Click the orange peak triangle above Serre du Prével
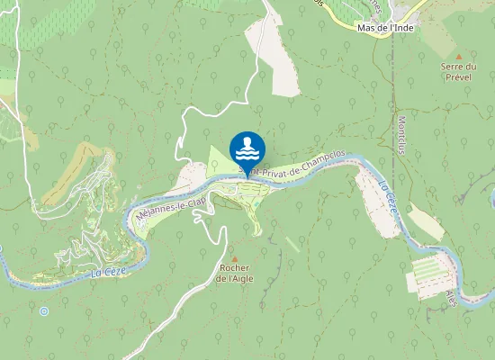(458, 56)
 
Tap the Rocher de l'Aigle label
(234, 274)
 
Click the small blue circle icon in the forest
(44, 310)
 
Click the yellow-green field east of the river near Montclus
(426, 221)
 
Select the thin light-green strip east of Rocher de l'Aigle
(293, 245)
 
